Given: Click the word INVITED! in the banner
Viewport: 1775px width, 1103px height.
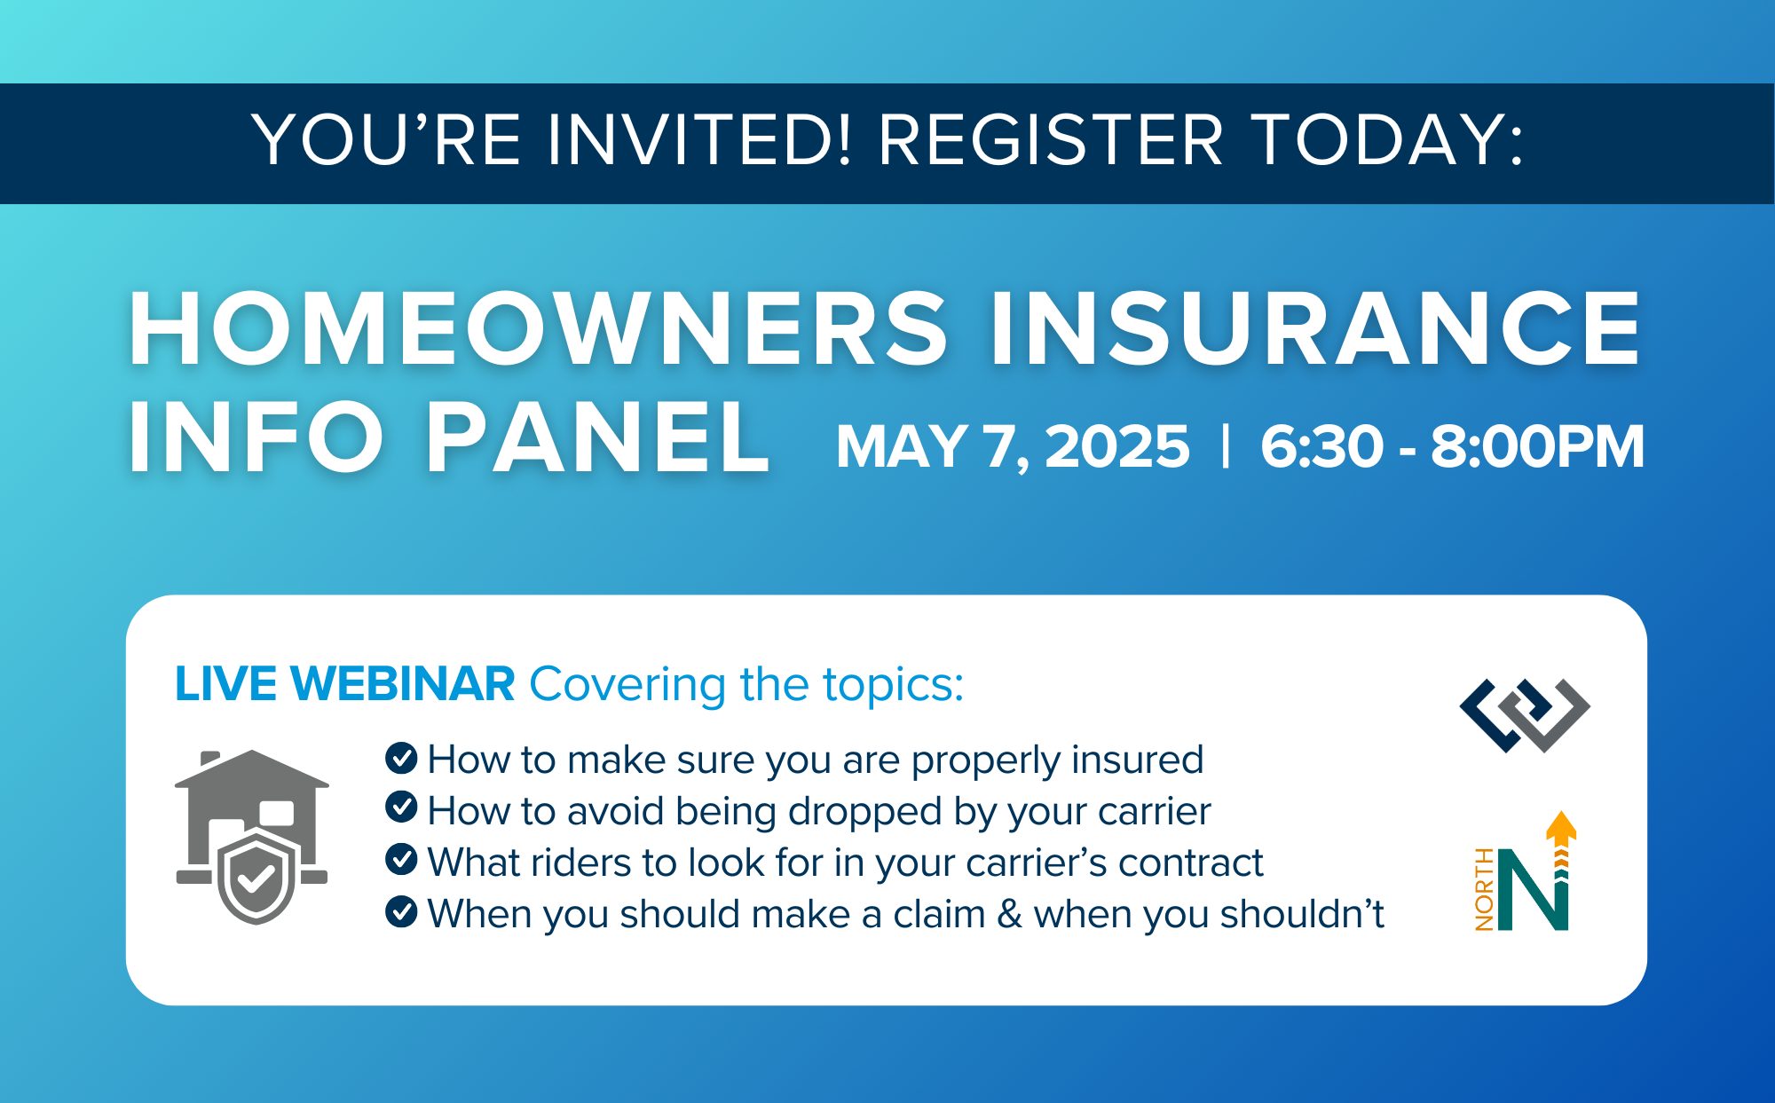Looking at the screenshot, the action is pos(699,140).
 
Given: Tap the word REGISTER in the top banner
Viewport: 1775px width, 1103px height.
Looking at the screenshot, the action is pos(1051,140).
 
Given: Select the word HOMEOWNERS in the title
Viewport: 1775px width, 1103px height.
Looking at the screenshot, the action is pos(539,329).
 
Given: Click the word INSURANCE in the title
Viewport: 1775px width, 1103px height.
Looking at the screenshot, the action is pos(1315,329).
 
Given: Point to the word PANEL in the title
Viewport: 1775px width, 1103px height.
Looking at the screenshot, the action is pos(597,438).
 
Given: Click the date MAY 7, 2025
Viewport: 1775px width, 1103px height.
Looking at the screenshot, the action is pos(1013,446).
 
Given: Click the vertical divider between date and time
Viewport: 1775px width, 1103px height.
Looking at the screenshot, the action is pos(1226,446).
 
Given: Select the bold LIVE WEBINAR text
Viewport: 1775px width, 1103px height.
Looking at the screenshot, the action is pos(344,684).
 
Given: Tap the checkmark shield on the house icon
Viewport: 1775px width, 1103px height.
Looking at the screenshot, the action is pos(256,878).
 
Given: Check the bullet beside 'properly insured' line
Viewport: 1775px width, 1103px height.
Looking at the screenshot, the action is pos(401,758).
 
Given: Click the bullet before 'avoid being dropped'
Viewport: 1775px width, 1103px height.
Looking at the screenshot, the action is pos(401,808).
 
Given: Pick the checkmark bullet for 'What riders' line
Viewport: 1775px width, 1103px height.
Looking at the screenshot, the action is pos(401,859).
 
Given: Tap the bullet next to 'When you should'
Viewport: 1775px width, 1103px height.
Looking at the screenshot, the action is pos(401,911).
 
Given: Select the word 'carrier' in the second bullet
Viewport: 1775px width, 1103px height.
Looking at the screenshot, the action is pos(1154,811).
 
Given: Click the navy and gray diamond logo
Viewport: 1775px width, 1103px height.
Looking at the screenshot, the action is pos(1525,715).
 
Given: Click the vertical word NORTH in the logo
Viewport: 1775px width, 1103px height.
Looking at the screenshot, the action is pos(1484,889).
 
